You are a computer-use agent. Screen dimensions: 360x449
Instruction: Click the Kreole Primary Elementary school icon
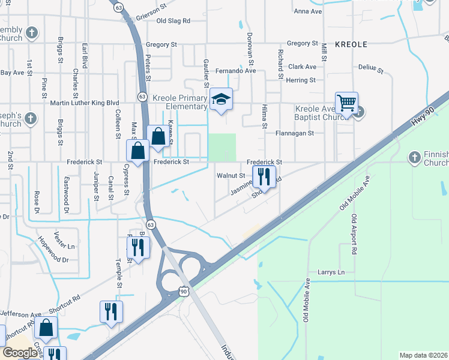coord(221,100)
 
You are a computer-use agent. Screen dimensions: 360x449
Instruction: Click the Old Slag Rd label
coord(173,20)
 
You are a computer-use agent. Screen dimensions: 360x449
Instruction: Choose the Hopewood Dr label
coord(54,252)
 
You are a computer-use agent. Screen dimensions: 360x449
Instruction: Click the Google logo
coord(20,353)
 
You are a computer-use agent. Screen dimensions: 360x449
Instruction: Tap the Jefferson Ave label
coord(20,313)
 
